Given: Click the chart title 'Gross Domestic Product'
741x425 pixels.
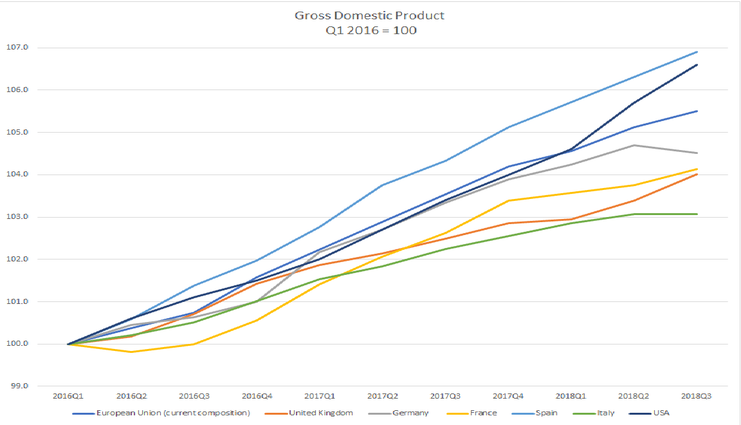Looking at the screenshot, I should click(x=370, y=15).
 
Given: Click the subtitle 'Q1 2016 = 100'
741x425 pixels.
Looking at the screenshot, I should click(x=370, y=30).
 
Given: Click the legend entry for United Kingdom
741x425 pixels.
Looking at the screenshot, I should click(x=320, y=412).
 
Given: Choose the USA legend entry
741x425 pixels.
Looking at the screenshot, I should click(x=661, y=412).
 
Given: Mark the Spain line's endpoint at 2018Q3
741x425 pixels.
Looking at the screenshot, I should click(x=697, y=52).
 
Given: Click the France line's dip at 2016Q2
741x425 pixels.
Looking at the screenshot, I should click(x=131, y=352).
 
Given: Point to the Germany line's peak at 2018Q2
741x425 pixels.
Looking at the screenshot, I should click(x=634, y=145).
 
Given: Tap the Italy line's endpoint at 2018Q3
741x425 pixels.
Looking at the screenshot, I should click(x=697, y=214).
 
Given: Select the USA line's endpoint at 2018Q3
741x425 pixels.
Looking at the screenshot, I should click(x=697, y=64).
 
